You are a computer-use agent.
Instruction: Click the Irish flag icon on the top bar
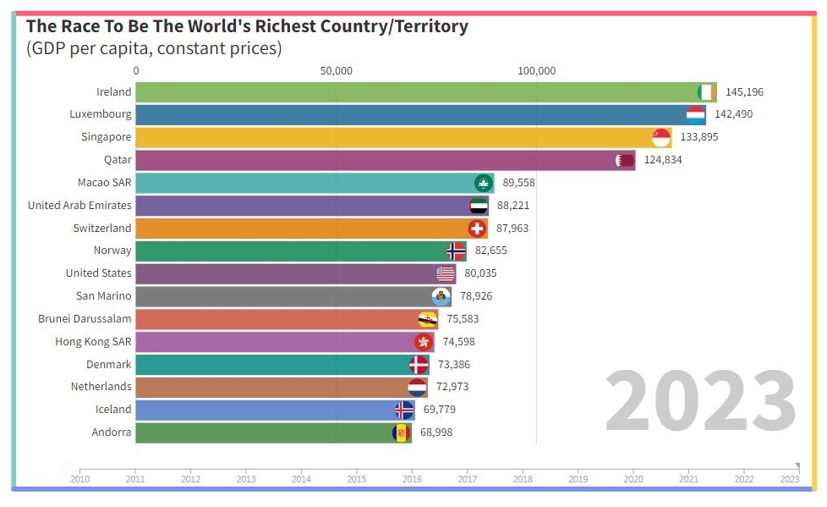[x=706, y=92]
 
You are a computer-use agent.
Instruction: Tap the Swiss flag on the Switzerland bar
[x=477, y=229]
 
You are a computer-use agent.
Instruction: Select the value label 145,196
[x=744, y=92]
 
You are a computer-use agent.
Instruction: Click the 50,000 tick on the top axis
[x=336, y=70]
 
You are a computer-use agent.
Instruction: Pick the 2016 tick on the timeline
[x=412, y=478]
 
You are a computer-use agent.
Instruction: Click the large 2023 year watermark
[x=700, y=401]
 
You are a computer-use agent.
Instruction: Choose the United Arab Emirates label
[x=79, y=206]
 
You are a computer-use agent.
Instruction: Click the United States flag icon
[x=446, y=273]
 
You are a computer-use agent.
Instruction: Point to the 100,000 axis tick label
[x=536, y=70]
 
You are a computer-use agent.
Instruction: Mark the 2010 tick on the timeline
[x=80, y=478]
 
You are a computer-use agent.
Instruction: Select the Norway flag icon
[x=456, y=251]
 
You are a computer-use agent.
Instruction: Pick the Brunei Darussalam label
[x=85, y=319]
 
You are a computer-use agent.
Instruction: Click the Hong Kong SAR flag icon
[x=424, y=342]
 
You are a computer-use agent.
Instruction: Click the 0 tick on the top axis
[x=136, y=70]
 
